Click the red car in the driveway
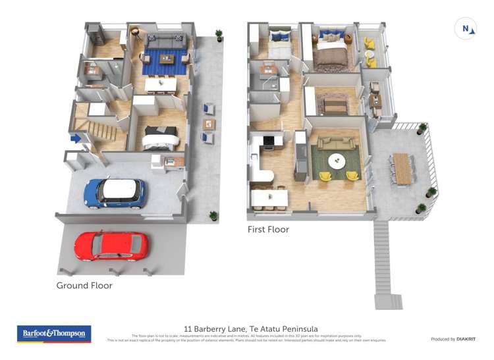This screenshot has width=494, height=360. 110,246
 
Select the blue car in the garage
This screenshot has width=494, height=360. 114,192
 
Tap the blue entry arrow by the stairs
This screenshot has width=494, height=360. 76,138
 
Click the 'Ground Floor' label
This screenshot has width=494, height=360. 84,286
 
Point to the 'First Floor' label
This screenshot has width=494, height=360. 268,230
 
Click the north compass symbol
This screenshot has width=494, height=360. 466,29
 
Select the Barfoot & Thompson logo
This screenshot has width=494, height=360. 54,334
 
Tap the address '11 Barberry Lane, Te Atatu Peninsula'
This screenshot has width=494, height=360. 251,328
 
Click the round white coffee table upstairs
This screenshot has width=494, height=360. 337,161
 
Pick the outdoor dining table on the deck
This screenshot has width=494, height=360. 401,168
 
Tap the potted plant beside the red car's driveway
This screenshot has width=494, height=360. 213,215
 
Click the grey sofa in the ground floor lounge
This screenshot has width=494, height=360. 165,41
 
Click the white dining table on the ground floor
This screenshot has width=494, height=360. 161,84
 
